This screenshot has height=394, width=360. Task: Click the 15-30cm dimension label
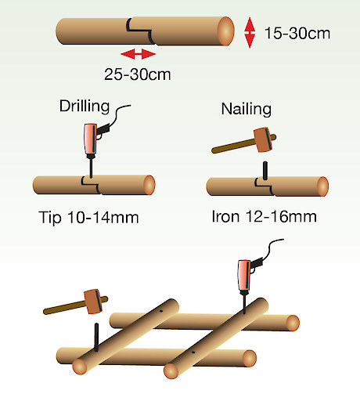297,34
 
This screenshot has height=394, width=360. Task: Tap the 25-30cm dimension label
138,74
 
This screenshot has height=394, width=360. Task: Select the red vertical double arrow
250,33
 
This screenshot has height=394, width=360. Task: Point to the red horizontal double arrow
139,54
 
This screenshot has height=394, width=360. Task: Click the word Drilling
85,107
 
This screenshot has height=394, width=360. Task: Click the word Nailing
247,109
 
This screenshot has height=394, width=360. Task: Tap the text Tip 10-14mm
88,218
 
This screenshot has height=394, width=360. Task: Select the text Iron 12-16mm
265,216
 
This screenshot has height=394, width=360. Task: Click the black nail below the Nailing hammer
265,171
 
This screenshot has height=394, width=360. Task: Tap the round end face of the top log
225,31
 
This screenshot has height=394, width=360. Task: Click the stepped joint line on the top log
139,31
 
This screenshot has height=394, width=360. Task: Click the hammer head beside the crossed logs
93,301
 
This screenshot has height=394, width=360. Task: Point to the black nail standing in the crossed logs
96,337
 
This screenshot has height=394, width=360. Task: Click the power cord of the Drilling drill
119,115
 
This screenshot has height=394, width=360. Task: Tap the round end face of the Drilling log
149,185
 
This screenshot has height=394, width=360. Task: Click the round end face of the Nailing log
322,186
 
